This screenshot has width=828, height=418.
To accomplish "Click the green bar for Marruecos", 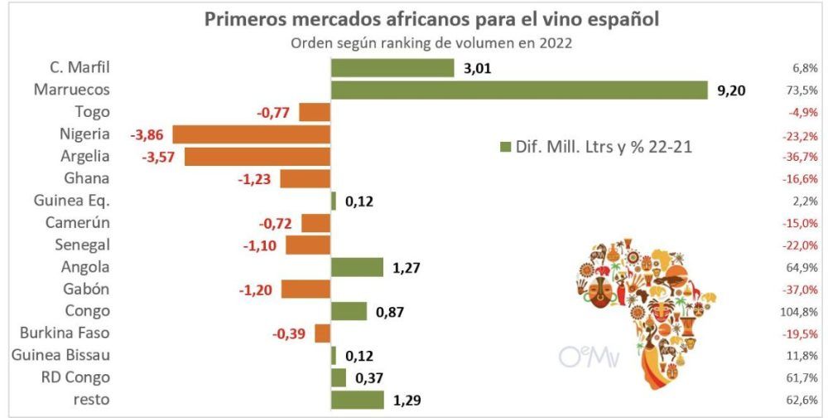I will [x=519, y=90].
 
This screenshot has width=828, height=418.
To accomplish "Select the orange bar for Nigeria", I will [x=251, y=134].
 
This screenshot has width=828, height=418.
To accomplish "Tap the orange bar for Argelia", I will [x=257, y=156].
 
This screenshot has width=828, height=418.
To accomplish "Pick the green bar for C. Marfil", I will [x=392, y=68].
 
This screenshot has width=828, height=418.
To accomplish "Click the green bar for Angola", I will [x=357, y=267].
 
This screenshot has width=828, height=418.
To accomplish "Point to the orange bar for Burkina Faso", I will [x=323, y=333].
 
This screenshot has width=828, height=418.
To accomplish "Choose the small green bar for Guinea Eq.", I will [x=334, y=201].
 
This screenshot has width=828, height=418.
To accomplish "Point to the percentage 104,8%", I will [x=802, y=312].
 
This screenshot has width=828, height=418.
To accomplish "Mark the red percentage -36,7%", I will [x=801, y=156].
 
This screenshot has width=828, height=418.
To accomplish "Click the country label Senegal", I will [x=82, y=245].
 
